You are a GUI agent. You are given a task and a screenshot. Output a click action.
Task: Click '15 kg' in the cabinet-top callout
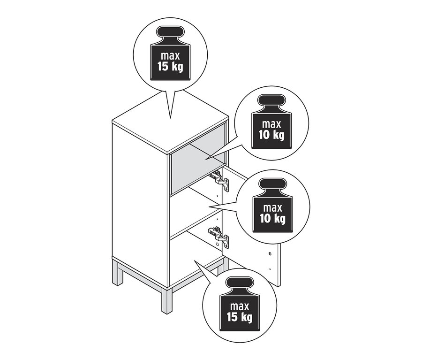[x=170, y=67]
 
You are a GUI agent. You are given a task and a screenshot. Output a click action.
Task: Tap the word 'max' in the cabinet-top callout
[x=170, y=56]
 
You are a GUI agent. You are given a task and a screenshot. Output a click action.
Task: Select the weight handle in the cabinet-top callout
[x=170, y=32]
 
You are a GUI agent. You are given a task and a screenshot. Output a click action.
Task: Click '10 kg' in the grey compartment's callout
[x=271, y=135]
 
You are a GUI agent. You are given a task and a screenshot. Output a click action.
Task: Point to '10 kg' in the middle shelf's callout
[x=272, y=218]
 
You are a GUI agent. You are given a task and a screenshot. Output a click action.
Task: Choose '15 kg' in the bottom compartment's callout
[x=240, y=317]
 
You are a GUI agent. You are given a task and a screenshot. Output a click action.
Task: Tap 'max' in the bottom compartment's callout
[x=240, y=306]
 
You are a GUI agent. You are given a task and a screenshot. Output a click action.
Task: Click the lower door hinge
[x=219, y=235]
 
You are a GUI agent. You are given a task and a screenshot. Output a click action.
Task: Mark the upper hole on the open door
[x=270, y=254]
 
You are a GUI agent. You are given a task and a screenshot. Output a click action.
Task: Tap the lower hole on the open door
[x=270, y=268]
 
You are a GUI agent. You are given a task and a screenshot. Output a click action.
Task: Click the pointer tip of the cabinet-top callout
[x=170, y=118]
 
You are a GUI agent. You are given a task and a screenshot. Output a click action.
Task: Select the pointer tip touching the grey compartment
[x=205, y=160]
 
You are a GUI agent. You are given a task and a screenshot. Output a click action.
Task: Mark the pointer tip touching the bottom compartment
[x=194, y=260]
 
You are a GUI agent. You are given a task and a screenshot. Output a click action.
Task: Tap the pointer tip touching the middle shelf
[x=209, y=207]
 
